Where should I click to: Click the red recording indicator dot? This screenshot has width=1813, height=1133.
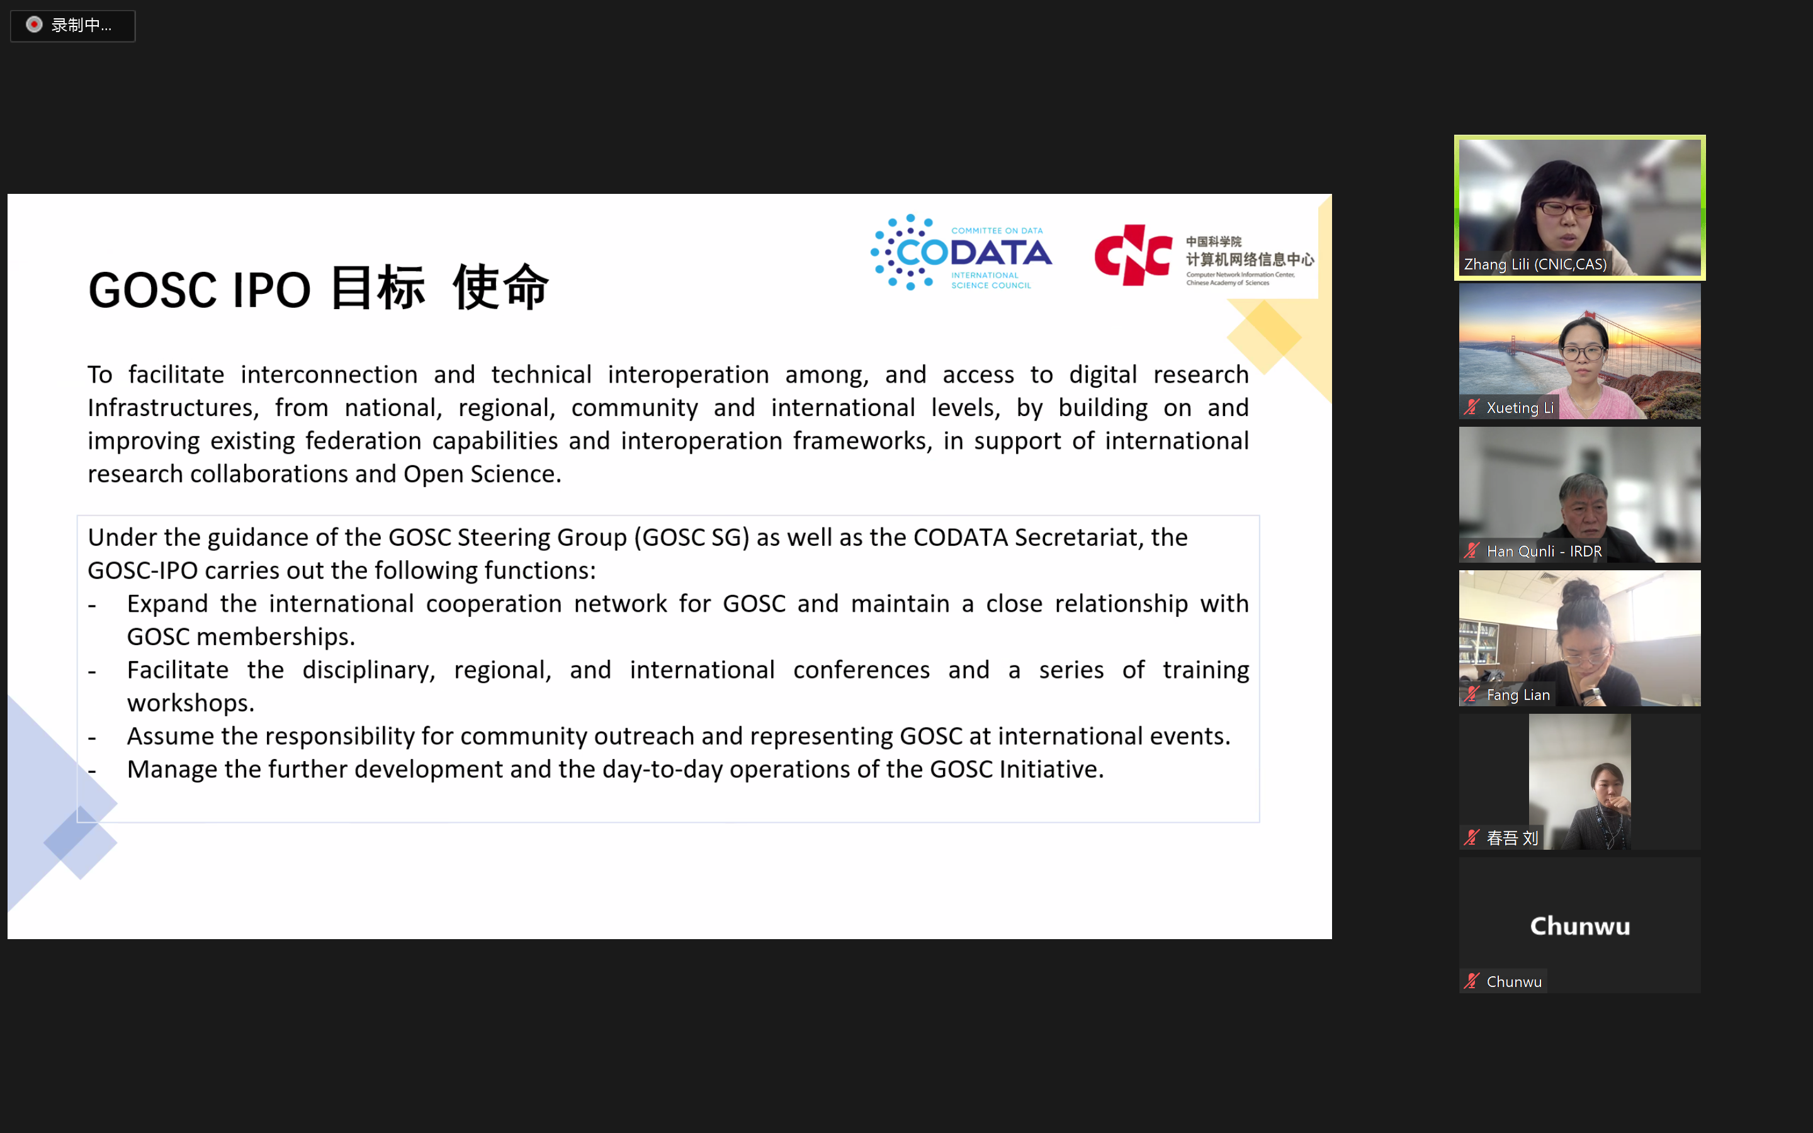click(x=34, y=25)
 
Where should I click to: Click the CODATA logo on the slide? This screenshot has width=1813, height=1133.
click(x=961, y=252)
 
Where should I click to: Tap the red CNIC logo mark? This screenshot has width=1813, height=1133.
click(x=1132, y=256)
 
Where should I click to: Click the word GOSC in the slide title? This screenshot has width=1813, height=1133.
click(x=154, y=290)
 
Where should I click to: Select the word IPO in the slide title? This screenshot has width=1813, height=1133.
click(x=271, y=290)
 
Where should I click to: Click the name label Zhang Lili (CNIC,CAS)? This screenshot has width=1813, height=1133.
click(x=1535, y=264)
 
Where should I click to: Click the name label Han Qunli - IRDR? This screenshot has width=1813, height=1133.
click(x=1544, y=551)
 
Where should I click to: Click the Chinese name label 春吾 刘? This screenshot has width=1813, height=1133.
click(x=1512, y=838)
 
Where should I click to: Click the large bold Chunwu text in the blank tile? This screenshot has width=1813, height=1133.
click(x=1580, y=926)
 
